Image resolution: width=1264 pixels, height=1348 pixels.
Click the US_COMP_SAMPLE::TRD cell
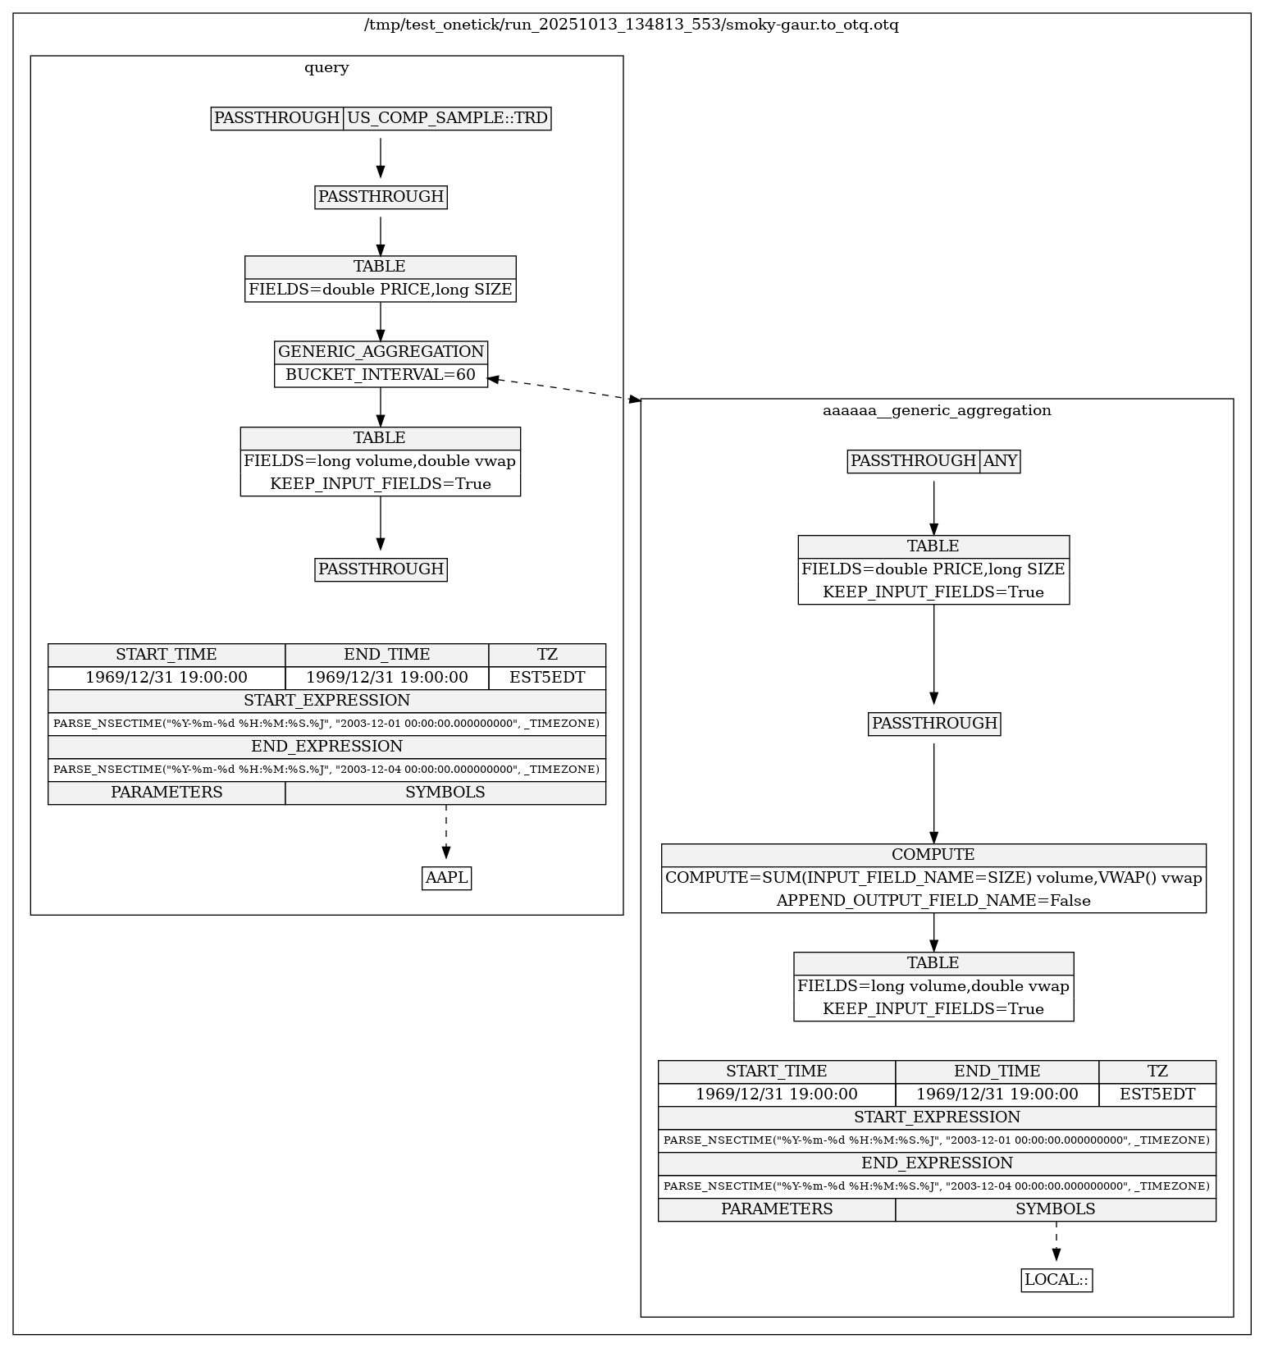pyautogui.click(x=447, y=118)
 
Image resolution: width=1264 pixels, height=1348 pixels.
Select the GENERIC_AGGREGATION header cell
pyautogui.click(x=381, y=352)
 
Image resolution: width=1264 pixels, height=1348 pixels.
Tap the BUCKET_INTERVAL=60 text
pyautogui.click(x=381, y=375)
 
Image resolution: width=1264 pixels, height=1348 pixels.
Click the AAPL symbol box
pyautogui.click(x=446, y=878)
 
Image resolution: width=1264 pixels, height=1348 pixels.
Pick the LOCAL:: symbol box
pyautogui.click(x=1056, y=1280)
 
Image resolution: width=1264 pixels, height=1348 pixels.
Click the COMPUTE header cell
pyautogui.click(x=933, y=855)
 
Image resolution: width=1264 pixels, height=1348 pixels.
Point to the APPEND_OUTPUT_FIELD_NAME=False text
pyautogui.click(x=933, y=901)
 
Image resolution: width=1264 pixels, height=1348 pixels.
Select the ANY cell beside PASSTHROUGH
pyautogui.click(x=1000, y=461)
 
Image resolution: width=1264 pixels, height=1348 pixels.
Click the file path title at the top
pyautogui.click(x=631, y=25)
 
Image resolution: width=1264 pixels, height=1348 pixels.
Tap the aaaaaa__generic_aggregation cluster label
pyautogui.click(x=936, y=410)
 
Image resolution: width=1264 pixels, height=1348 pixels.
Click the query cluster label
pyautogui.click(x=326, y=67)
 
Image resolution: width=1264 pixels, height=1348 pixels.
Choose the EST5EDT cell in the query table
pyautogui.click(x=547, y=678)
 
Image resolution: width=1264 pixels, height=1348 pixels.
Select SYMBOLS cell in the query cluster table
pyautogui.click(x=445, y=793)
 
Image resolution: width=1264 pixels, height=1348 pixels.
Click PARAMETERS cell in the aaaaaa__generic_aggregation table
pyautogui.click(x=777, y=1209)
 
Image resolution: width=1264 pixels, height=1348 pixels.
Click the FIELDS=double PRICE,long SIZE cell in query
pyautogui.click(x=381, y=290)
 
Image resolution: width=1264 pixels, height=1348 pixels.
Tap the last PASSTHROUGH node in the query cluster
pyautogui.click(x=381, y=569)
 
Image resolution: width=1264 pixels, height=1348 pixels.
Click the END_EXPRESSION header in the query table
pyautogui.click(x=326, y=747)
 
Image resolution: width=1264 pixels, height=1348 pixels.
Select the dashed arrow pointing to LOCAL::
pyautogui.click(x=1056, y=1243)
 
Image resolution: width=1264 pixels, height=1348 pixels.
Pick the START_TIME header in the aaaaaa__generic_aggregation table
pyautogui.click(x=777, y=1072)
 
